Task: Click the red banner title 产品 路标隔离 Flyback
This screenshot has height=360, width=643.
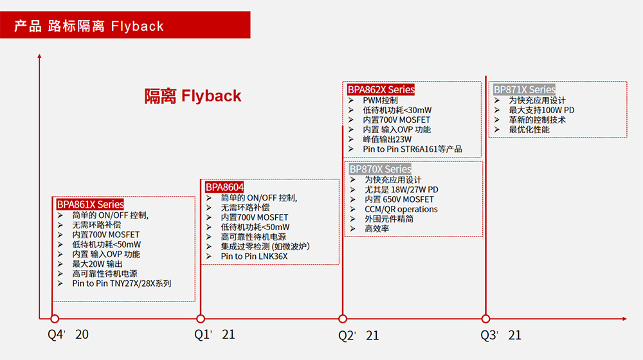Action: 89,26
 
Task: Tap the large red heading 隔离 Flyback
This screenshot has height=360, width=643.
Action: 193,96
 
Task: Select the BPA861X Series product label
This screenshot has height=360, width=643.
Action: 90,204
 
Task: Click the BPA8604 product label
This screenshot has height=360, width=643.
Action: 224,187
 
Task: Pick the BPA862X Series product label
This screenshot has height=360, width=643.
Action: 381,89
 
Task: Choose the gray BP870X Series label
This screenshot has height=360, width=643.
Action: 380,169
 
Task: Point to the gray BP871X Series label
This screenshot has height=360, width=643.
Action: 525,89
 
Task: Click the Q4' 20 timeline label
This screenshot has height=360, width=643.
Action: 68,334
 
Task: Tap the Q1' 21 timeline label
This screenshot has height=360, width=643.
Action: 215,334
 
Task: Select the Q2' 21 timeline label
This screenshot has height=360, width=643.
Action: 358,336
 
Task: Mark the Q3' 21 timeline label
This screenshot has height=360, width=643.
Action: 501,335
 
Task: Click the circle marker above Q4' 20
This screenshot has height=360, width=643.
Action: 55,319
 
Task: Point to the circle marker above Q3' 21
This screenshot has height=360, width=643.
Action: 485,319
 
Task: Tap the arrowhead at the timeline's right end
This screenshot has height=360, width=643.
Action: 624,319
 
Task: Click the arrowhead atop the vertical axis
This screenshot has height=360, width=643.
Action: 39,56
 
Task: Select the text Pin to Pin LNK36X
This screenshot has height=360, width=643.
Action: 254,256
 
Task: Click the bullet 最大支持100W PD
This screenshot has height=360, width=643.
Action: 541,110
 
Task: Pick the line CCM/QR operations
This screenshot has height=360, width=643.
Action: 401,209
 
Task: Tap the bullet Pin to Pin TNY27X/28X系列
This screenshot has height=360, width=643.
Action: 122,283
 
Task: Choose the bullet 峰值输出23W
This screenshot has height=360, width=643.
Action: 387,139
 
